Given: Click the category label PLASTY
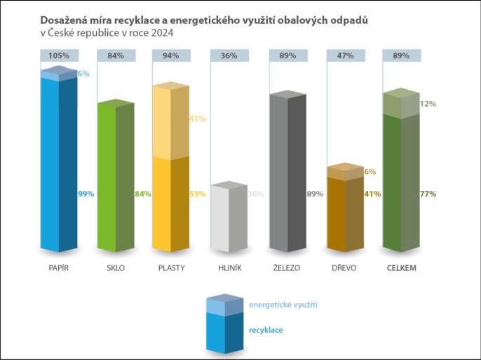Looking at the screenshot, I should (x=172, y=267).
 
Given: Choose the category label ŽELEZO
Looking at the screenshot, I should (x=287, y=267).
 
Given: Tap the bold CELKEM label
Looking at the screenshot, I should (x=402, y=267).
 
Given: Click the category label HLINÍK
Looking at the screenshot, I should (x=229, y=267).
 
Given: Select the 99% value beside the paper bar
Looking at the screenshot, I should (x=86, y=194).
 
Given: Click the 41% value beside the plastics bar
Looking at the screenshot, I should (x=198, y=119).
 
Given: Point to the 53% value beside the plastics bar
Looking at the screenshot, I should (x=198, y=194).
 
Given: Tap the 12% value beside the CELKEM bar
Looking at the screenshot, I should (x=428, y=104).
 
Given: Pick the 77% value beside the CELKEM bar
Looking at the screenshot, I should (x=428, y=194).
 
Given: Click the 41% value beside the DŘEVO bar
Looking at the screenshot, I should (x=372, y=194).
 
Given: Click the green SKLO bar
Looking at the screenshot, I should (x=115, y=179).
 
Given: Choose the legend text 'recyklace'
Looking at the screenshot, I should (x=266, y=329).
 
